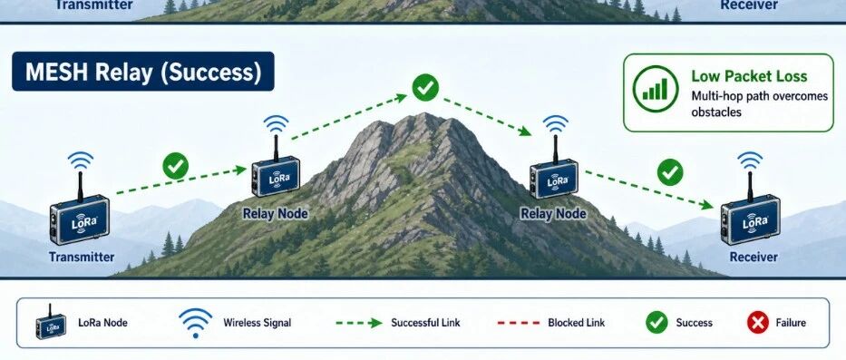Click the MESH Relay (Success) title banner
[143, 72]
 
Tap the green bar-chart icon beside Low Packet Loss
[656, 89]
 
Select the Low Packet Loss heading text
[749, 76]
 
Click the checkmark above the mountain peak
[425, 87]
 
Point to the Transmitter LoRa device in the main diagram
[80, 219]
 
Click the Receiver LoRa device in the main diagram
[751, 219]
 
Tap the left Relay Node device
[276, 176]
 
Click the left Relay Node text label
[275, 214]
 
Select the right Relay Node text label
[553, 214]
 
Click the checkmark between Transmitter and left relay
[175, 166]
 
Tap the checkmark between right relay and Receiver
[670, 172]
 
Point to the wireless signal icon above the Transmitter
[81, 161]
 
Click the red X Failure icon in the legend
[757, 323]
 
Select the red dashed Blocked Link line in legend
[518, 323]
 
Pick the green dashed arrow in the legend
[359, 324]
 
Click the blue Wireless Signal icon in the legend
[195, 323]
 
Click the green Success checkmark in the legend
[656, 323]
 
